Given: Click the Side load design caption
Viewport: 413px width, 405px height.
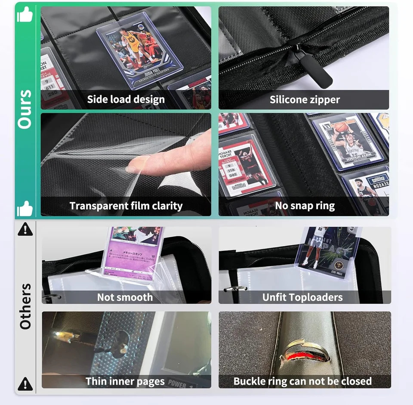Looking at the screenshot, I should (126, 100).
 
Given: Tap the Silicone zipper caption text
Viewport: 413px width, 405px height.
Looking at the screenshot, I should (305, 100).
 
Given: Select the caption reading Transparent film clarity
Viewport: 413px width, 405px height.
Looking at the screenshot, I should (126, 206).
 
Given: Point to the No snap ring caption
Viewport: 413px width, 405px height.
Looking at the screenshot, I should (305, 206).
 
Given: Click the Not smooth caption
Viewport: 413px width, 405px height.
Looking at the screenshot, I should (125, 297).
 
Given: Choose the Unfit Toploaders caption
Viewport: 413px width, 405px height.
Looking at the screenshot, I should (302, 297).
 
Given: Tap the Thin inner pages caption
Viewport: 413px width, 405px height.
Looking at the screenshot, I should (125, 381).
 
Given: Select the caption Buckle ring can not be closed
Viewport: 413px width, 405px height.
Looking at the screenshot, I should (302, 381).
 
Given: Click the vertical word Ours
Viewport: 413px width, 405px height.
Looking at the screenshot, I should (25, 109).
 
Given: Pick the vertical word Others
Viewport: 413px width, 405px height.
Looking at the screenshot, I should (25, 306).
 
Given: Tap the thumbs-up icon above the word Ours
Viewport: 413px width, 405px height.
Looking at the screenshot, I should (25, 15).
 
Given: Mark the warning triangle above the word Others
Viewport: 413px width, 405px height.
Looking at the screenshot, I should (25, 229).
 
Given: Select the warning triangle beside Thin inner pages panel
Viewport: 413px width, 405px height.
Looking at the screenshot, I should (25, 383).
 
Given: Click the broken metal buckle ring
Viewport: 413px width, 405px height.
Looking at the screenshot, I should (303, 351).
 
